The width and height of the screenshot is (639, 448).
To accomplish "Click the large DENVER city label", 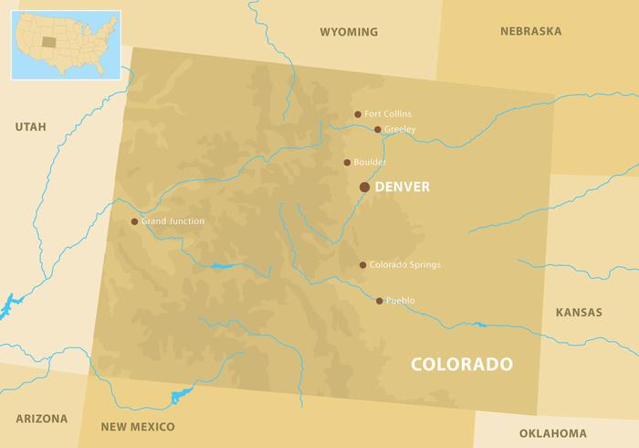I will point(402,187).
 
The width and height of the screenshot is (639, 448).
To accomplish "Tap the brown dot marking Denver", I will point(364,187).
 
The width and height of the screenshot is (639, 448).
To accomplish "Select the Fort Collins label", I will point(387,114).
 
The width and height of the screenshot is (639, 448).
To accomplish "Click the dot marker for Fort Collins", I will point(358,114).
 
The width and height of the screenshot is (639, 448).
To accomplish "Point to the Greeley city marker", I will point(377,130).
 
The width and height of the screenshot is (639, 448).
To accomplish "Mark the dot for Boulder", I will point(347,163).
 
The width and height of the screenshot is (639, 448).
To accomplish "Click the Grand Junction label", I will point(173,221).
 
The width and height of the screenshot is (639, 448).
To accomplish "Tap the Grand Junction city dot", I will point(134,221).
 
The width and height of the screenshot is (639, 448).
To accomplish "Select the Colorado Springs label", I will point(404,265).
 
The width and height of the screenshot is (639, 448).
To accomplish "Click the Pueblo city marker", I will point(380,300).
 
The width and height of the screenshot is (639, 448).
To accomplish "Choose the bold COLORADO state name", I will point(461,364).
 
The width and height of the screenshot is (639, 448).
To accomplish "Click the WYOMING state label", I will point(348,32).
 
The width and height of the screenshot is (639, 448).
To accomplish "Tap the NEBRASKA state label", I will point(530,31).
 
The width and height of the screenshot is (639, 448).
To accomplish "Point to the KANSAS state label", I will point(579,313).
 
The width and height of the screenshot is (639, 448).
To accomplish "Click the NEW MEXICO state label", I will point(138,427).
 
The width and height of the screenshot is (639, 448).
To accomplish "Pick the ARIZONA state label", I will point(41,419).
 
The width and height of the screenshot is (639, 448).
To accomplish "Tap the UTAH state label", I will point(30,126).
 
